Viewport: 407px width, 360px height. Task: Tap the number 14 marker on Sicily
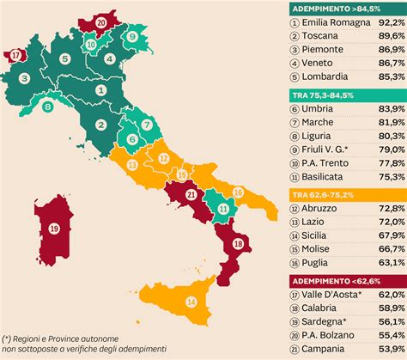pyautogui.click(x=191, y=302)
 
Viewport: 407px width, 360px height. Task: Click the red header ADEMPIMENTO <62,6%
pyautogui.click(x=326, y=280)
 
